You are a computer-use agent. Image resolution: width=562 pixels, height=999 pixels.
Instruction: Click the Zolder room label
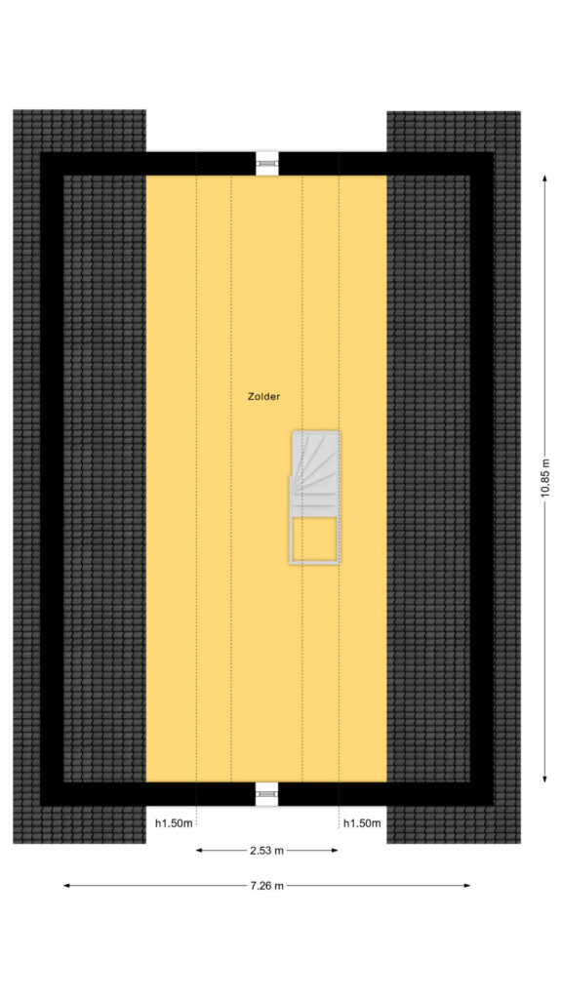pos(263,396)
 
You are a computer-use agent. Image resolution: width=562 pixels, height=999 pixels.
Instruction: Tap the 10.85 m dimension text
pos(544,479)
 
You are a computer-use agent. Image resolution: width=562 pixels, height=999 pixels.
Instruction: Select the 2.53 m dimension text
pos(266,850)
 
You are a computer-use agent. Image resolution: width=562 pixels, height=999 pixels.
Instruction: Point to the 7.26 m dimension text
pos(266,885)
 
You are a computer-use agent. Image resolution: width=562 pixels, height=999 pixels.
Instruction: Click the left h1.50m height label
pos(174,823)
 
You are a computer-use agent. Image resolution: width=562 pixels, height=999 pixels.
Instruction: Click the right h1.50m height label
pos(362,823)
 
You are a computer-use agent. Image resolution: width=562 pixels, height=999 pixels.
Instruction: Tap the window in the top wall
pos(267,164)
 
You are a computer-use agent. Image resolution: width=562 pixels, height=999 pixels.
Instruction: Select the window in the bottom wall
pos(267,793)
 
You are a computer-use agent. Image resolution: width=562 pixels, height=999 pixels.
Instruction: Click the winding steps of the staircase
pos(315,473)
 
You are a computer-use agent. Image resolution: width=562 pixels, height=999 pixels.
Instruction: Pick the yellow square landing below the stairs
pos(314,539)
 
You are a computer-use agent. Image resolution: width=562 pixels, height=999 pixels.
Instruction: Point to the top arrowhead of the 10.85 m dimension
pos(544,179)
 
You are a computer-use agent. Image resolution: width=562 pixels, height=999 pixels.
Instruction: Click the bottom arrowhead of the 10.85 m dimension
pos(544,779)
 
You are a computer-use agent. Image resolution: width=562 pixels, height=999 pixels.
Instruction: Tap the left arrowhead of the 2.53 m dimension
pos(199,850)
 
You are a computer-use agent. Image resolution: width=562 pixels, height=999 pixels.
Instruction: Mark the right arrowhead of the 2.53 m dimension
pos(335,850)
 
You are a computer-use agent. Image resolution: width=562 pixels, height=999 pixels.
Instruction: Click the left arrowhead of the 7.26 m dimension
pos(67,885)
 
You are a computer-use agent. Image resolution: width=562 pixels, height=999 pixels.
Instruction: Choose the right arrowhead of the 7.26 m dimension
pos(466,885)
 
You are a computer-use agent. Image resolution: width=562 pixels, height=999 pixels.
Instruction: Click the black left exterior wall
pos(52,478)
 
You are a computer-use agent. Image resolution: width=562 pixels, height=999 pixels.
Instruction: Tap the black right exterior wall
pos(482,478)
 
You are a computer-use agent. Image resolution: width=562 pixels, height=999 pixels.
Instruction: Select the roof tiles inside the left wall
pos(104,478)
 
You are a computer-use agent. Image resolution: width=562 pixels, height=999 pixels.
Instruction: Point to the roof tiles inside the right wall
pos(428,478)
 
